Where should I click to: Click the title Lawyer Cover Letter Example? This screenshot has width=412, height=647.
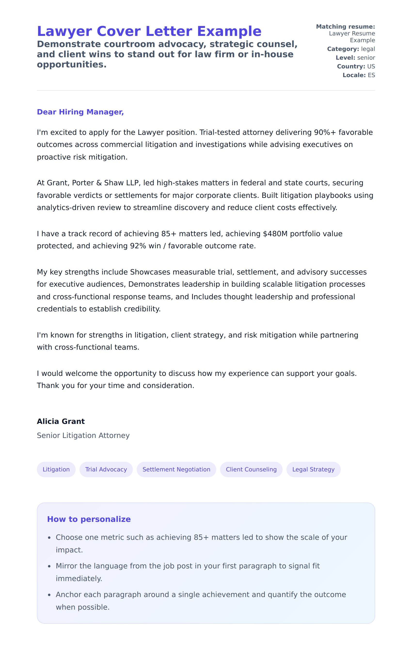149,32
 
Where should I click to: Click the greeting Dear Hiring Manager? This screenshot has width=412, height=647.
80,112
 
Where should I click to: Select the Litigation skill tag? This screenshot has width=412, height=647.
56,469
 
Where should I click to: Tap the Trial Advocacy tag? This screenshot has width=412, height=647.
106,469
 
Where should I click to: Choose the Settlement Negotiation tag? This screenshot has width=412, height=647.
176,469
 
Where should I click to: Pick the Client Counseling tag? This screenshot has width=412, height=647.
251,469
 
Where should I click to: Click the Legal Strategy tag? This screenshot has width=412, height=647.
313,469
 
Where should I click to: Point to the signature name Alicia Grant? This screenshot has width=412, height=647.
61,421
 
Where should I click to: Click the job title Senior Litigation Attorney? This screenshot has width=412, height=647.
83,436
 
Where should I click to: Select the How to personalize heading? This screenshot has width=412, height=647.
89,519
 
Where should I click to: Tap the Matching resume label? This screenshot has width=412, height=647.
345,27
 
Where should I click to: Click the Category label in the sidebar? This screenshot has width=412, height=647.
343,49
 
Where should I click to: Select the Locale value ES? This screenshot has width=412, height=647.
371,75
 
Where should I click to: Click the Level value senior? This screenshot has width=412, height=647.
366,58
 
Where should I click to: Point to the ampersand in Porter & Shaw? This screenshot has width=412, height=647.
99,183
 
